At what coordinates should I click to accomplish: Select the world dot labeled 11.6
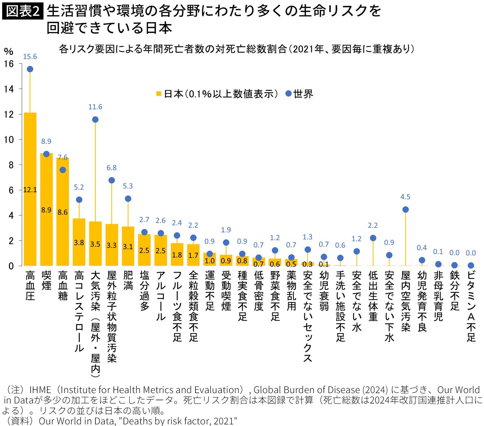pos(95,120)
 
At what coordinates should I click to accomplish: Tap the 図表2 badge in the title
pos(22,11)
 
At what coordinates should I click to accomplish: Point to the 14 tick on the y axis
pos(9,89)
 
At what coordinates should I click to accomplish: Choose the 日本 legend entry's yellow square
pos(159,94)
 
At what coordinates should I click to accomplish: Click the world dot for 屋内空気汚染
pos(405,210)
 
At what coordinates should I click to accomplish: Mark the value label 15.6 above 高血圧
pos(30,57)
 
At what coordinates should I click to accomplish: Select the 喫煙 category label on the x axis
pos(46,280)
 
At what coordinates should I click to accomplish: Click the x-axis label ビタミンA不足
pos(471,306)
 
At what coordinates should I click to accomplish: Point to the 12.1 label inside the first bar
pos(30,190)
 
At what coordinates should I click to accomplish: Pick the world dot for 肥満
pos(128,199)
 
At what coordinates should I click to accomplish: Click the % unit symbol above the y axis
pos(9,52)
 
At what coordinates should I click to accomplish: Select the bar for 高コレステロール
pos(79,242)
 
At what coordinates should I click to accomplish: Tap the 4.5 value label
pos(405,197)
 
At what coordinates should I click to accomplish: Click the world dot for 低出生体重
pos(373,238)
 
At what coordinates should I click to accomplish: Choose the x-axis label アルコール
pos(161,296)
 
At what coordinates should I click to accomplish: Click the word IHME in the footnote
pos(40,390)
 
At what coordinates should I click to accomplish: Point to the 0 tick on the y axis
pos(11,266)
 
